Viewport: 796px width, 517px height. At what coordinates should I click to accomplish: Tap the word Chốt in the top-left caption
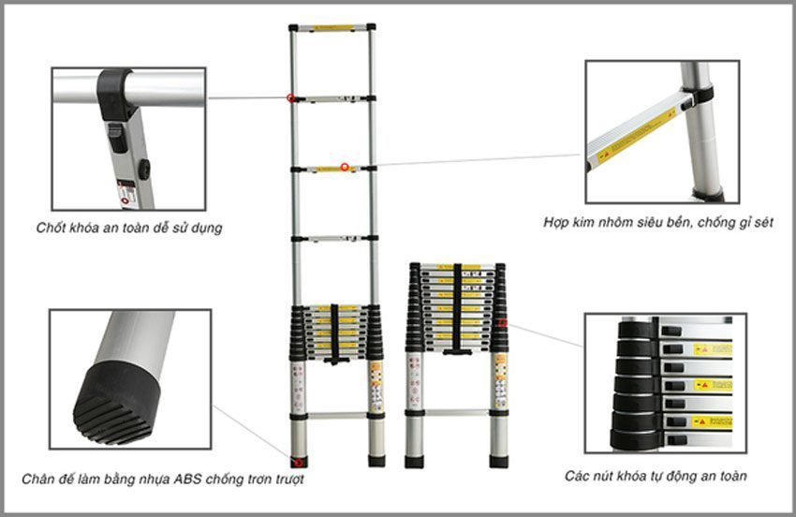52,228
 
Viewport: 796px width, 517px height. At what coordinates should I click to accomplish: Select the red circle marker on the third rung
345,168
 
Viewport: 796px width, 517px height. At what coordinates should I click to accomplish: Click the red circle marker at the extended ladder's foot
299,461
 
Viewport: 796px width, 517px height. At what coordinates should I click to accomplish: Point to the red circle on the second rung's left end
291,97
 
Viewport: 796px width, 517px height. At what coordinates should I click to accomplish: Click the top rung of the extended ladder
332,28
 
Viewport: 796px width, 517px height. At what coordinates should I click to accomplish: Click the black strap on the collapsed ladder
457,309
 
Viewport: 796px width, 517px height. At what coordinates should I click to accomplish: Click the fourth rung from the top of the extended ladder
332,239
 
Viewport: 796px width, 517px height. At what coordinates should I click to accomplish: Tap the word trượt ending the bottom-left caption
287,480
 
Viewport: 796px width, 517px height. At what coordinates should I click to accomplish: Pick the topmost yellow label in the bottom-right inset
712,349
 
